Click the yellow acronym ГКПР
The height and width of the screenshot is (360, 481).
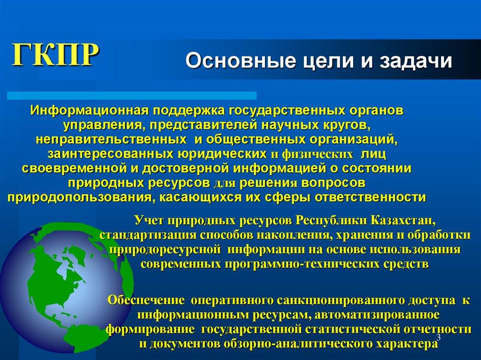55,55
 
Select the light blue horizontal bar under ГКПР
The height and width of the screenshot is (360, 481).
132,95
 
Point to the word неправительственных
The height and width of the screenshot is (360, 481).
109,140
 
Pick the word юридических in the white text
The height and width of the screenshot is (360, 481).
222,154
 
